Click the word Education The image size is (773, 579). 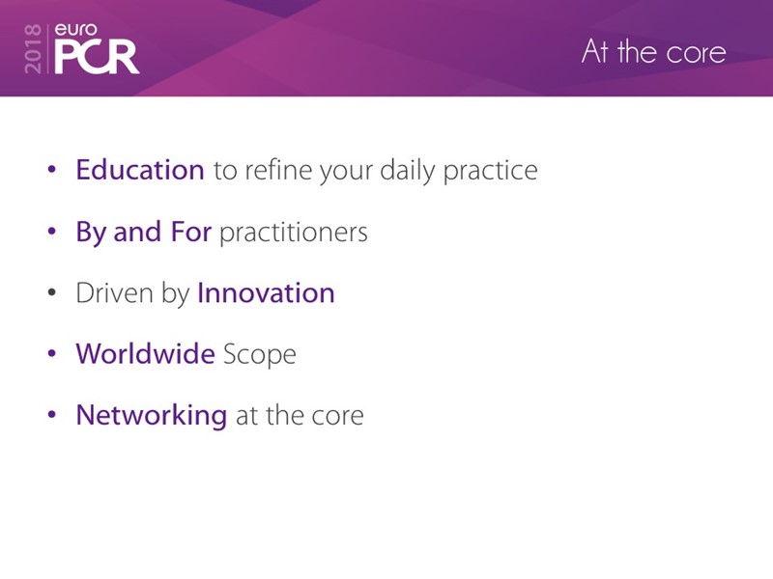tap(140, 170)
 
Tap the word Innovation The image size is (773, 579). tap(267, 293)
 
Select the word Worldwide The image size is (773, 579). tap(146, 353)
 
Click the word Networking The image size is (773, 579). tap(152, 415)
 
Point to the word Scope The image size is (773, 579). tap(260, 355)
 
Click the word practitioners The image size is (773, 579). tap(294, 233)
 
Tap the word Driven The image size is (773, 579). tap(114, 293)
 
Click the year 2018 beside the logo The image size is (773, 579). tap(33, 49)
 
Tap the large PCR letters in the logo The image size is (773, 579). tap(97, 57)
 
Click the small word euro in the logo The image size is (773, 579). tap(76, 30)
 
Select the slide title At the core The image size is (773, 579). tap(654, 52)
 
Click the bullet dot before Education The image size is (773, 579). tap(52, 170)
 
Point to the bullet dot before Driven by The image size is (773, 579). tap(52, 292)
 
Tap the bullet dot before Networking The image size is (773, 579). tap(52, 415)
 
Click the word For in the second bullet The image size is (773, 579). tap(190, 232)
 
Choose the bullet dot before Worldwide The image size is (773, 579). tap(52, 353)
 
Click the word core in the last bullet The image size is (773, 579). tap(337, 416)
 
